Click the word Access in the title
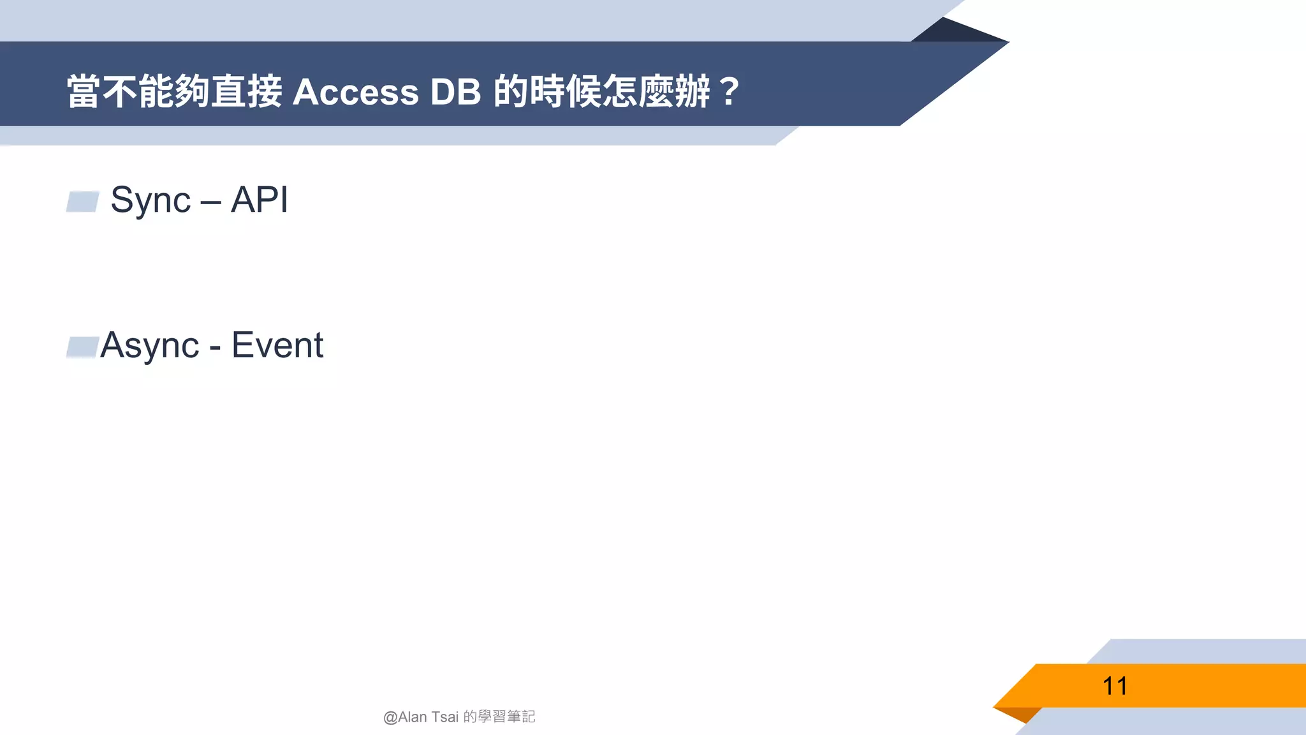click(x=355, y=93)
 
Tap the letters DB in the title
click(x=455, y=93)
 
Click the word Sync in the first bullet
click(x=150, y=200)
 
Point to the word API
click(x=260, y=200)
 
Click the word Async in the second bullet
click(x=150, y=346)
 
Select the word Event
click(x=277, y=345)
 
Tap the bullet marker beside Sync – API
click(x=83, y=202)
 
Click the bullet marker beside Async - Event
click(x=82, y=347)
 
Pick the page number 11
click(x=1115, y=687)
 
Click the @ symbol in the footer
click(x=390, y=718)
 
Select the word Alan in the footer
click(x=413, y=717)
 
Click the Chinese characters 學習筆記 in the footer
click(x=506, y=717)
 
